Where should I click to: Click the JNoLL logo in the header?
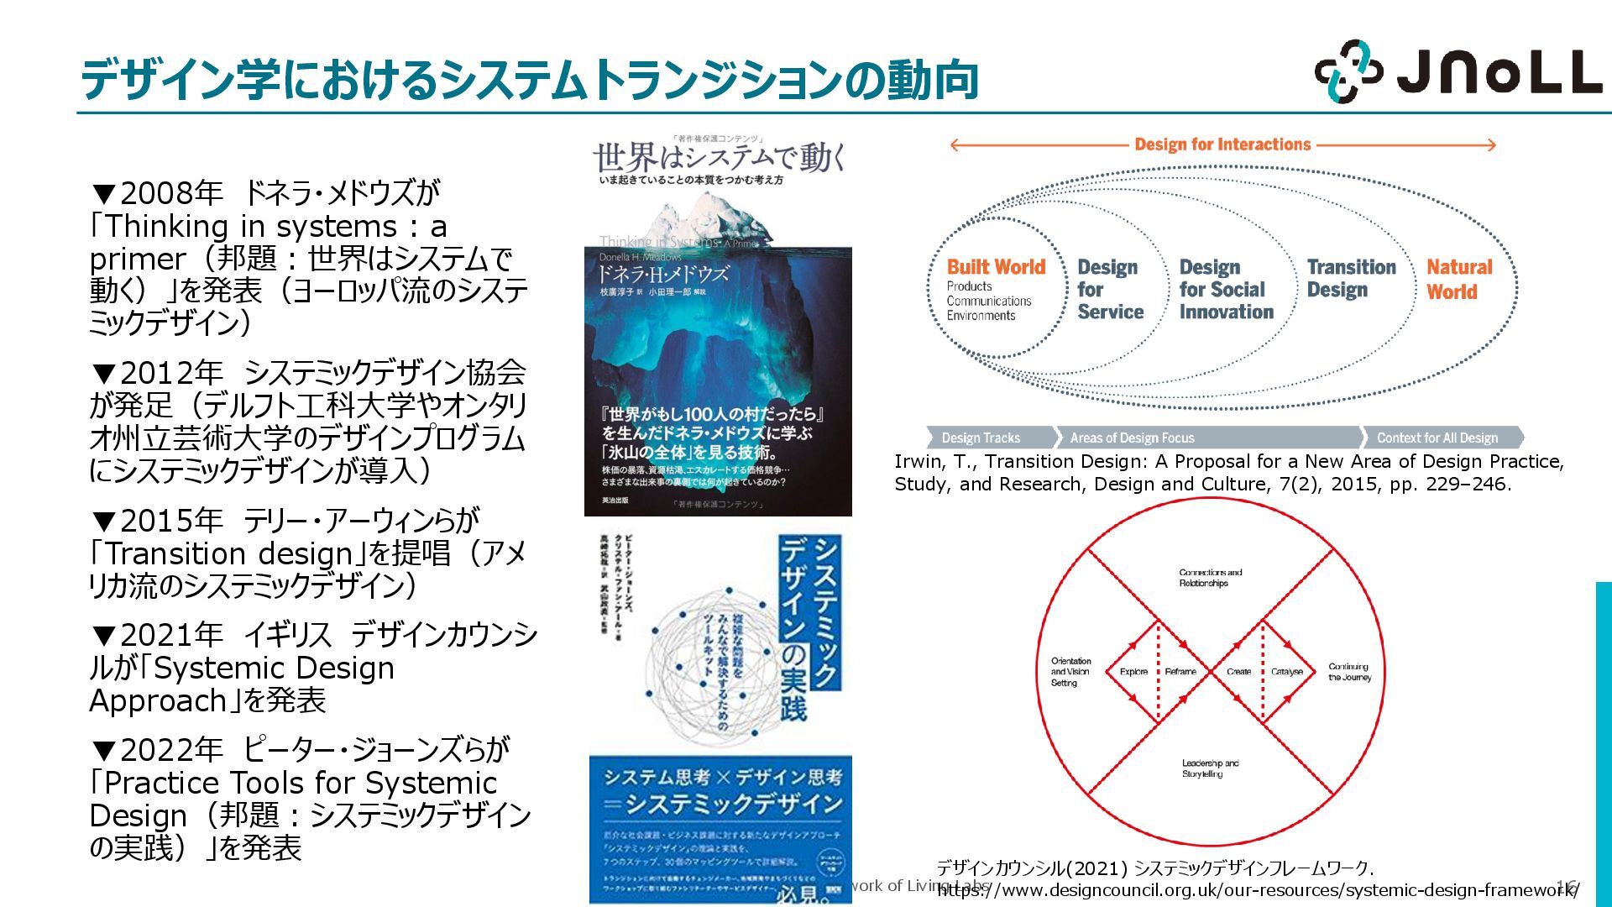(1458, 71)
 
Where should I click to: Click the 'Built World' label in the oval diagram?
(996, 267)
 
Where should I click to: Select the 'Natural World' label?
(1459, 280)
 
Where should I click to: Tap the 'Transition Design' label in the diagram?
(1351, 278)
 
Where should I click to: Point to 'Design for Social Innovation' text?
(1225, 290)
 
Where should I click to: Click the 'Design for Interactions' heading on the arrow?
(1222, 144)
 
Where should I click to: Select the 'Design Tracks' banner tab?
(981, 438)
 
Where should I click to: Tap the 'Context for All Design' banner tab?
(1437, 438)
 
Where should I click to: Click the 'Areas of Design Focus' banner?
(1131, 438)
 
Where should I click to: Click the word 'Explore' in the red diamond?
(1133, 672)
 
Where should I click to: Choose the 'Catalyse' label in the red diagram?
(1286, 672)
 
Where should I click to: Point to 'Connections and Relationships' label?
(1210, 578)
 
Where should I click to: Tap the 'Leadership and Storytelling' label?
(1210, 768)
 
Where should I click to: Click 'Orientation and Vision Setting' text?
(1070, 672)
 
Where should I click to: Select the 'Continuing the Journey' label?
(1349, 672)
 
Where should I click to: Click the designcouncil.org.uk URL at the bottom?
(1257, 890)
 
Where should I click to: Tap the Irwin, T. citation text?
(1228, 473)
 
